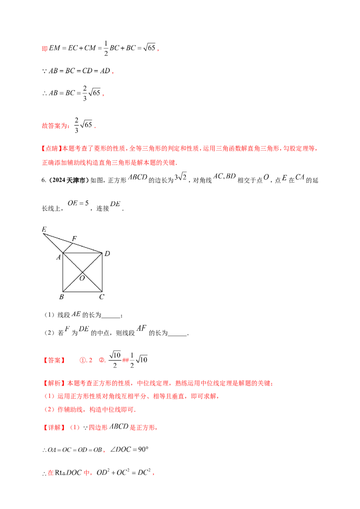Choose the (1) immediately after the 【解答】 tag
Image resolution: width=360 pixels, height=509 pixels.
(x=74, y=428)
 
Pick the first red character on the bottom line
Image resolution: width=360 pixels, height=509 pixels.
(x=50, y=473)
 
